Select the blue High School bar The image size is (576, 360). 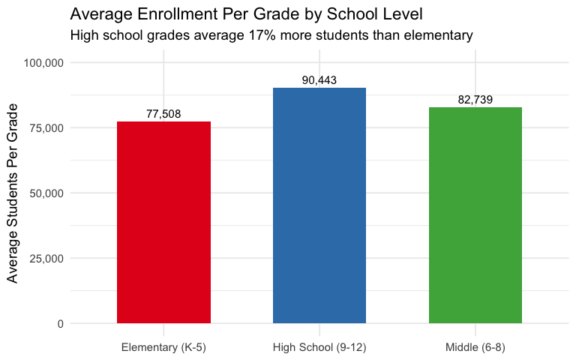click(x=319, y=205)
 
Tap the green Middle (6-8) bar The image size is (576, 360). click(x=475, y=215)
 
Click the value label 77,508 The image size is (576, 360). click(x=163, y=114)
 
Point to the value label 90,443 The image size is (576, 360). click(x=319, y=80)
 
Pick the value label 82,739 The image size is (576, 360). click(x=475, y=100)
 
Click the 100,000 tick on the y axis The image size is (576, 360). click(x=43, y=62)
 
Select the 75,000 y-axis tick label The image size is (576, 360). click(x=46, y=127)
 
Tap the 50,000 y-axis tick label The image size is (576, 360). click(x=46, y=193)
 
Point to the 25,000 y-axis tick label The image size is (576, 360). click(x=46, y=258)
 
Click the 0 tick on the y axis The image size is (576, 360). click(x=60, y=323)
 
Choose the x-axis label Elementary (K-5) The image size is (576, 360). click(x=163, y=347)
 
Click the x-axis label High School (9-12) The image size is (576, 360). click(x=319, y=347)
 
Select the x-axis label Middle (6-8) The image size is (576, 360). click(x=475, y=347)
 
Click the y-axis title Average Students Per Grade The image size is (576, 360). click(x=13, y=193)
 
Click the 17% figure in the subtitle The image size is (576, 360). click(x=259, y=35)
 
